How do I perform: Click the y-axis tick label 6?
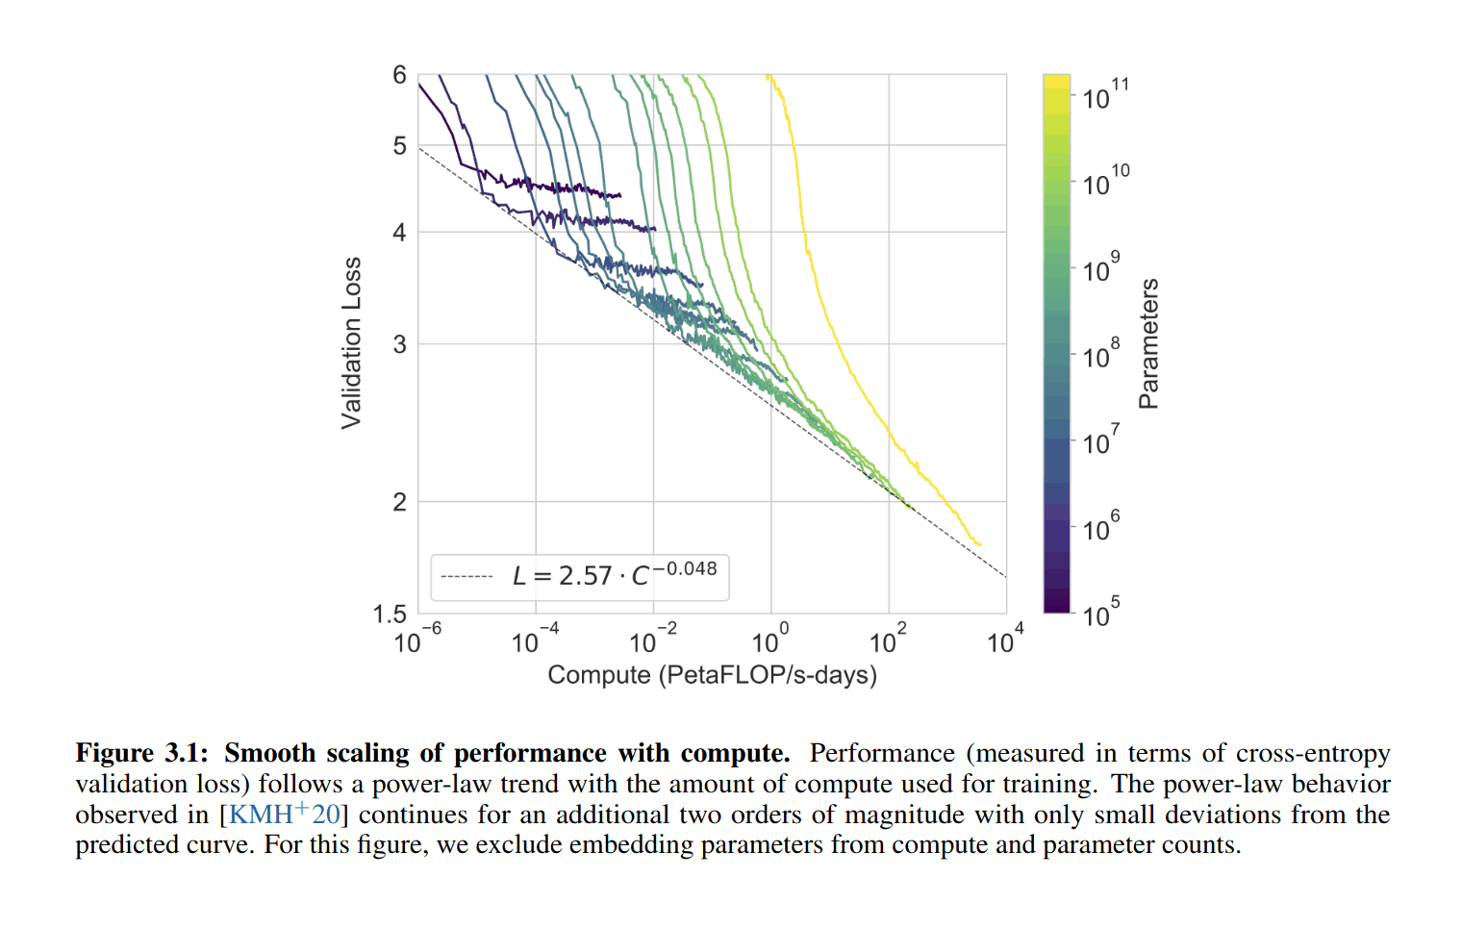399,75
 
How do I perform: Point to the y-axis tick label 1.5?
390,614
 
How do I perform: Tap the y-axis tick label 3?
399,344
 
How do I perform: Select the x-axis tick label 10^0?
769,640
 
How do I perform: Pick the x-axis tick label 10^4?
1005,640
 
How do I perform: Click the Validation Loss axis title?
352,342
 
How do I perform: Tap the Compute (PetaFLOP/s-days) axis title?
712,675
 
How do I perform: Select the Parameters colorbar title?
1148,343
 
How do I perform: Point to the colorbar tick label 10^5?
1100,614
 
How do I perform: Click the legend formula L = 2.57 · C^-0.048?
614,575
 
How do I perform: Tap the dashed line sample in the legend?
466,577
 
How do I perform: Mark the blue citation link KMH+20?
284,814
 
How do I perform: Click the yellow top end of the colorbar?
1056,84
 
